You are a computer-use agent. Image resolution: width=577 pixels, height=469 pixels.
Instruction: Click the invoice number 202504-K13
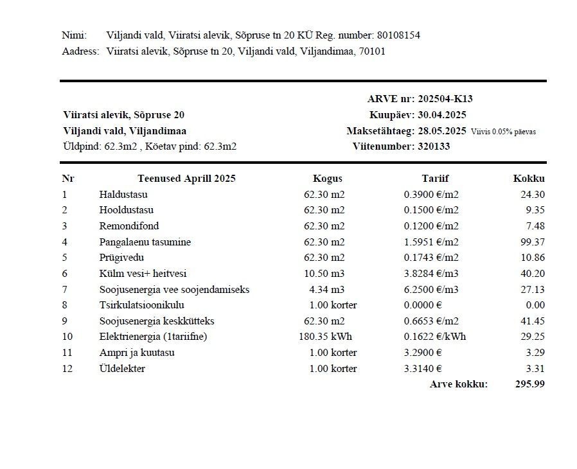coord(445,99)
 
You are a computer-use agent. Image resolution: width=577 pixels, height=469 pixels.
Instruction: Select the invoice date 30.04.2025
coord(442,115)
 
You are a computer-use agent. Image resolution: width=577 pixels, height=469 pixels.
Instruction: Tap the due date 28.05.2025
coord(442,131)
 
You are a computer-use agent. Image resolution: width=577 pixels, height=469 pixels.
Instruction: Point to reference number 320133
coord(434,146)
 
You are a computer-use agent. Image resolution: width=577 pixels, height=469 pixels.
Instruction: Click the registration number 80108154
coord(400,35)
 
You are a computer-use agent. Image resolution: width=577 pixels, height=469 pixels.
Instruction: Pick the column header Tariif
coord(435,179)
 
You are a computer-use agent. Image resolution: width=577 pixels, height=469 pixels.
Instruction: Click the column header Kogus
coord(328,179)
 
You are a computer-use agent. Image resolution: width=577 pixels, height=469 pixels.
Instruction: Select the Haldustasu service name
coord(123,194)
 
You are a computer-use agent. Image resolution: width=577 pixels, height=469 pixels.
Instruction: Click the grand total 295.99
coord(530,384)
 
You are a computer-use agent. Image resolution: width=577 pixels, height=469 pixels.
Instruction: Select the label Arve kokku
coord(459,384)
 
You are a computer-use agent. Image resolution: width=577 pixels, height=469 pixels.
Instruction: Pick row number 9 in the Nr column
coord(64,321)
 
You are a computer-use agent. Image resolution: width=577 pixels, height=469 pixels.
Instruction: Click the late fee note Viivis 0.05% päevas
coord(503,132)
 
